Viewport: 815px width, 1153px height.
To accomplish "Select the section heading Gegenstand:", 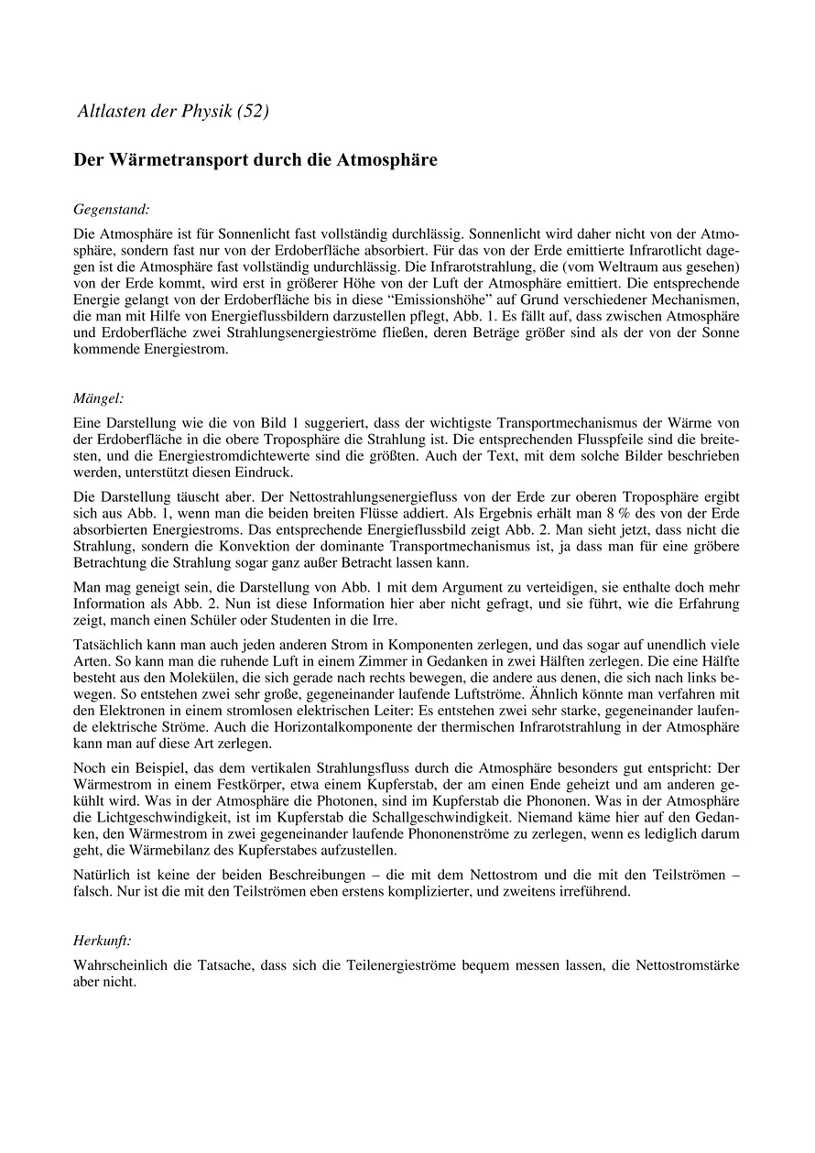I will [x=111, y=209].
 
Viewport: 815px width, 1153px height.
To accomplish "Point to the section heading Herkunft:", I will [x=103, y=941].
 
